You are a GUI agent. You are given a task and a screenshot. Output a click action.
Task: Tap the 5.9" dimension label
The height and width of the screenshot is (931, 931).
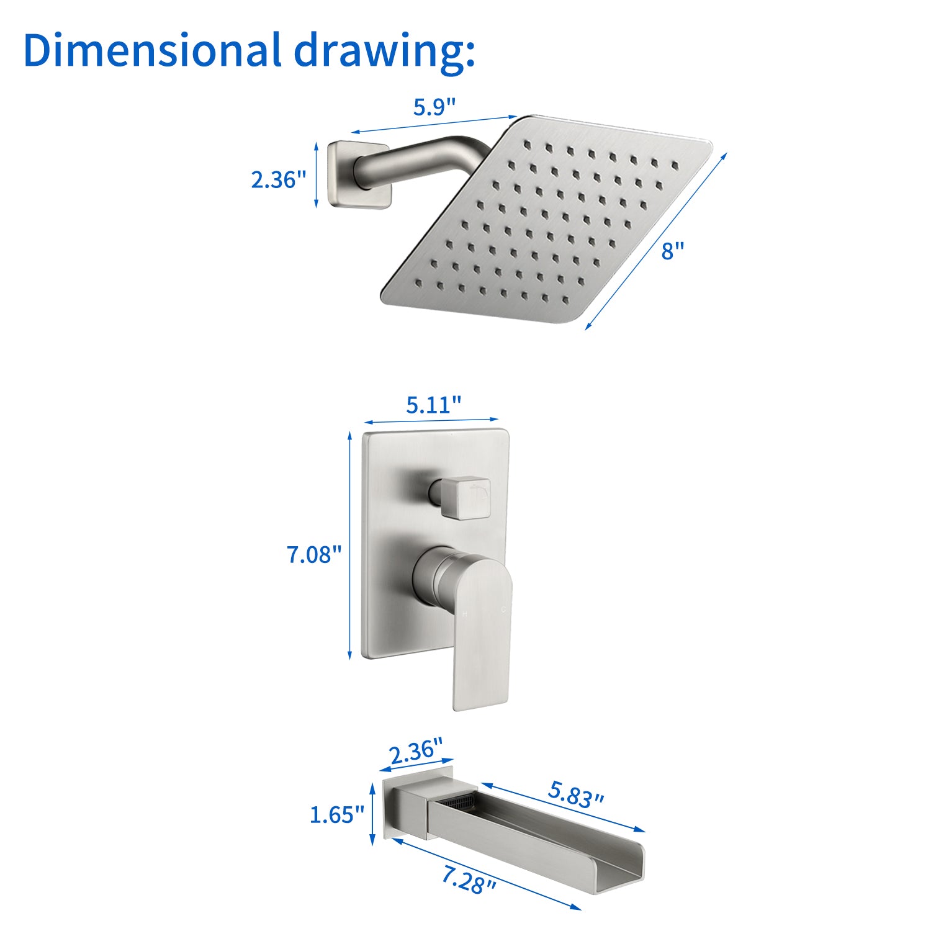point(434,107)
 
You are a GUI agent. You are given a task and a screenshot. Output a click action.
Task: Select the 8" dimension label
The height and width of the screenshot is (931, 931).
point(672,251)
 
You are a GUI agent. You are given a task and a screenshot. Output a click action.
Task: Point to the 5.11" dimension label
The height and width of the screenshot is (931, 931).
point(434,405)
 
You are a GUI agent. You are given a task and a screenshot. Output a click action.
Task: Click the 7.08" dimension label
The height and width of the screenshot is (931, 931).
point(314,554)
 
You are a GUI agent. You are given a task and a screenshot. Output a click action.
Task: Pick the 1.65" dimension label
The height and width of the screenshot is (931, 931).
point(337,814)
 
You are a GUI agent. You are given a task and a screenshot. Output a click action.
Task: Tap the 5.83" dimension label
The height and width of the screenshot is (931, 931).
point(576,793)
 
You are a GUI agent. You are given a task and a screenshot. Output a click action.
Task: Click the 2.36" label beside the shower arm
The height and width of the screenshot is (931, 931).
point(279,179)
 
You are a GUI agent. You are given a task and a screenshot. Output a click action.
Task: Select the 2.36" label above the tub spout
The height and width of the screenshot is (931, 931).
point(416,752)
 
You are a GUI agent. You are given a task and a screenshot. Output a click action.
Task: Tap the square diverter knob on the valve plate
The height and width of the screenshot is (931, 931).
point(463,498)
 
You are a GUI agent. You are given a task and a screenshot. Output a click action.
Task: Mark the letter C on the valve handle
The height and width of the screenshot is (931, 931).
point(504,610)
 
